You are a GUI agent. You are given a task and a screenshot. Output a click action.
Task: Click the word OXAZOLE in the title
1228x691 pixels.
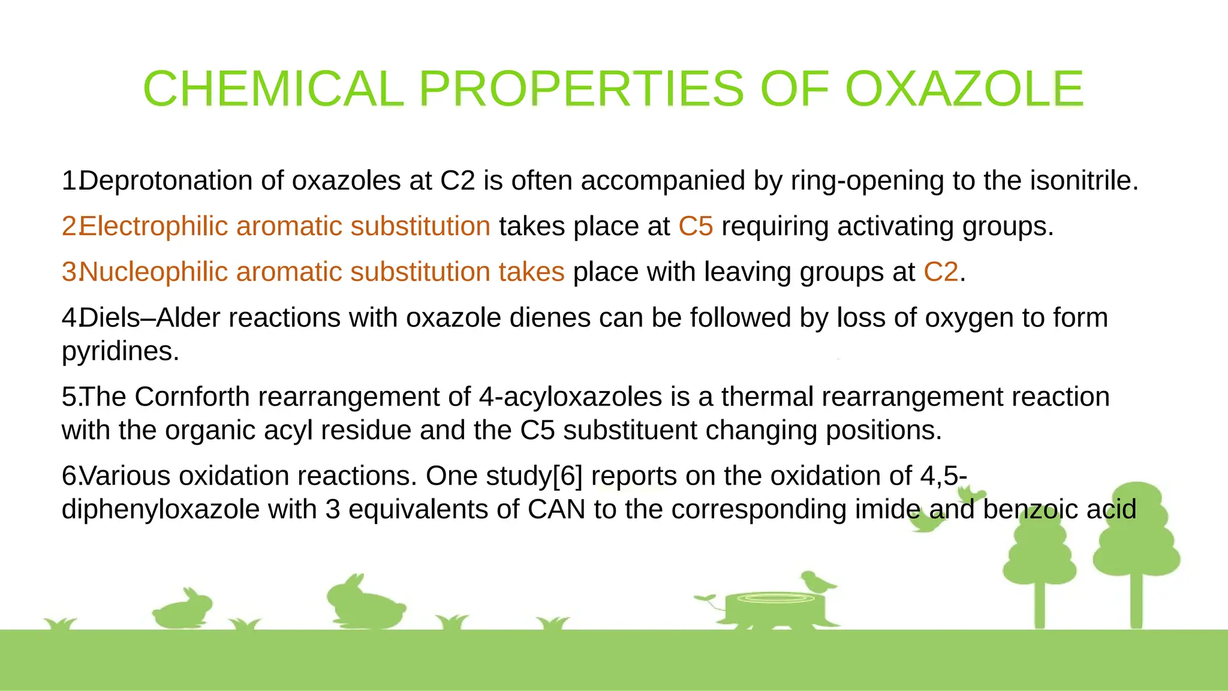click(x=964, y=89)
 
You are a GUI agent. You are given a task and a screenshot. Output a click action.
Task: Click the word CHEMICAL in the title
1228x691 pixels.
click(x=273, y=89)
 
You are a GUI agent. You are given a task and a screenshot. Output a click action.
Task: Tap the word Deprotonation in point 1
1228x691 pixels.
click(x=165, y=181)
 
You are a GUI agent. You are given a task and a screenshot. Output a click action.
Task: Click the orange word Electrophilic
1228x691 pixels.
click(x=153, y=227)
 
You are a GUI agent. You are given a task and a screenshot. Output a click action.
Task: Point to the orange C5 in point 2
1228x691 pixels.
click(x=696, y=227)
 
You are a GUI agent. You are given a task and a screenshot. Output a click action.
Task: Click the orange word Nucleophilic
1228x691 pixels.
click(x=153, y=272)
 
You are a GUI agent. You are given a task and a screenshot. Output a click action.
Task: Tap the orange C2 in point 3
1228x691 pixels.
click(x=941, y=272)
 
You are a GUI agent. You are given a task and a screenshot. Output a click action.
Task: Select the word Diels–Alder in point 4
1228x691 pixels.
click(x=149, y=318)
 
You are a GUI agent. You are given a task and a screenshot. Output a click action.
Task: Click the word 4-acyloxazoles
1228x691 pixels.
click(x=570, y=397)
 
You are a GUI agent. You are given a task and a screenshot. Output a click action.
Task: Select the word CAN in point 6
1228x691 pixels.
click(x=556, y=510)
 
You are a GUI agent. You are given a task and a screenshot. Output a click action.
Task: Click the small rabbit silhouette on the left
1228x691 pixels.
click(x=183, y=608)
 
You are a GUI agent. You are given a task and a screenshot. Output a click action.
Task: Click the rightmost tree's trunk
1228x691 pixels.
click(x=1136, y=600)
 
